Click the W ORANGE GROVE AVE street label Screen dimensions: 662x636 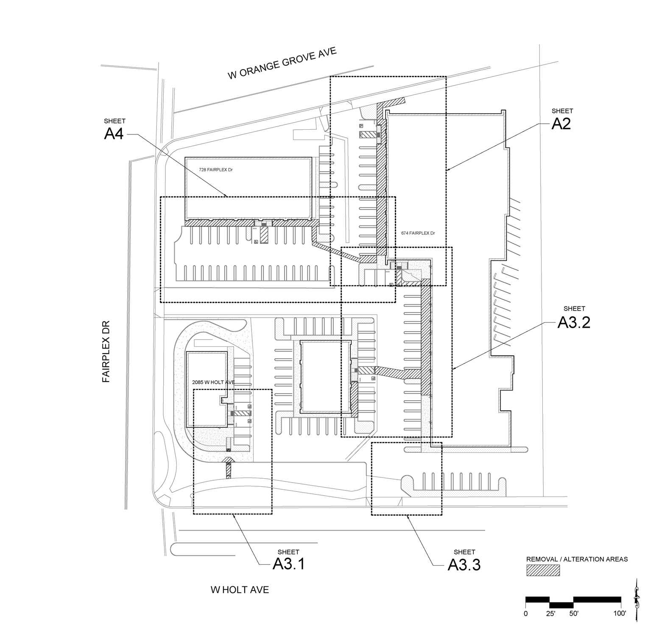pyautogui.click(x=282, y=63)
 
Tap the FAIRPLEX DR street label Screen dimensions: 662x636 pyautogui.click(x=106, y=351)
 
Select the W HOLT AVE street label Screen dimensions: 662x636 pyautogui.click(x=240, y=590)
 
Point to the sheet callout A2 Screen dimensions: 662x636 pyautogui.click(x=561, y=123)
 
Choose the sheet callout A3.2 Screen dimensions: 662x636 pyautogui.click(x=574, y=323)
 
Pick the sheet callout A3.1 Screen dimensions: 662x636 pyautogui.click(x=288, y=564)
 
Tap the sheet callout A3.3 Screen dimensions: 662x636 pyautogui.click(x=464, y=565)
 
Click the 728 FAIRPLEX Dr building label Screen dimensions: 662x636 pyautogui.click(x=216, y=170)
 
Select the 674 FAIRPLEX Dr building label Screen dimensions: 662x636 pyautogui.click(x=418, y=233)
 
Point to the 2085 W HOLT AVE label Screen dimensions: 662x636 pyautogui.click(x=213, y=382)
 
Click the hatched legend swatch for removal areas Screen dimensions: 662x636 pyautogui.click(x=543, y=570)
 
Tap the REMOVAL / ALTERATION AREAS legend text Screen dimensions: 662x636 pyautogui.click(x=577, y=559)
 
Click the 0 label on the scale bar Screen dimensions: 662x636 pyautogui.click(x=526, y=613)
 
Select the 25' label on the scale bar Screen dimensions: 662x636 pyautogui.click(x=550, y=613)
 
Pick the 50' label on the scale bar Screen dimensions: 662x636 pyautogui.click(x=573, y=613)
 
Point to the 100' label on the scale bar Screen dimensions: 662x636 pyautogui.click(x=620, y=613)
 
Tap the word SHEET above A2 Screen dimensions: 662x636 pyautogui.click(x=562, y=111)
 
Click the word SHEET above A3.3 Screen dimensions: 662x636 pyautogui.click(x=464, y=552)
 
